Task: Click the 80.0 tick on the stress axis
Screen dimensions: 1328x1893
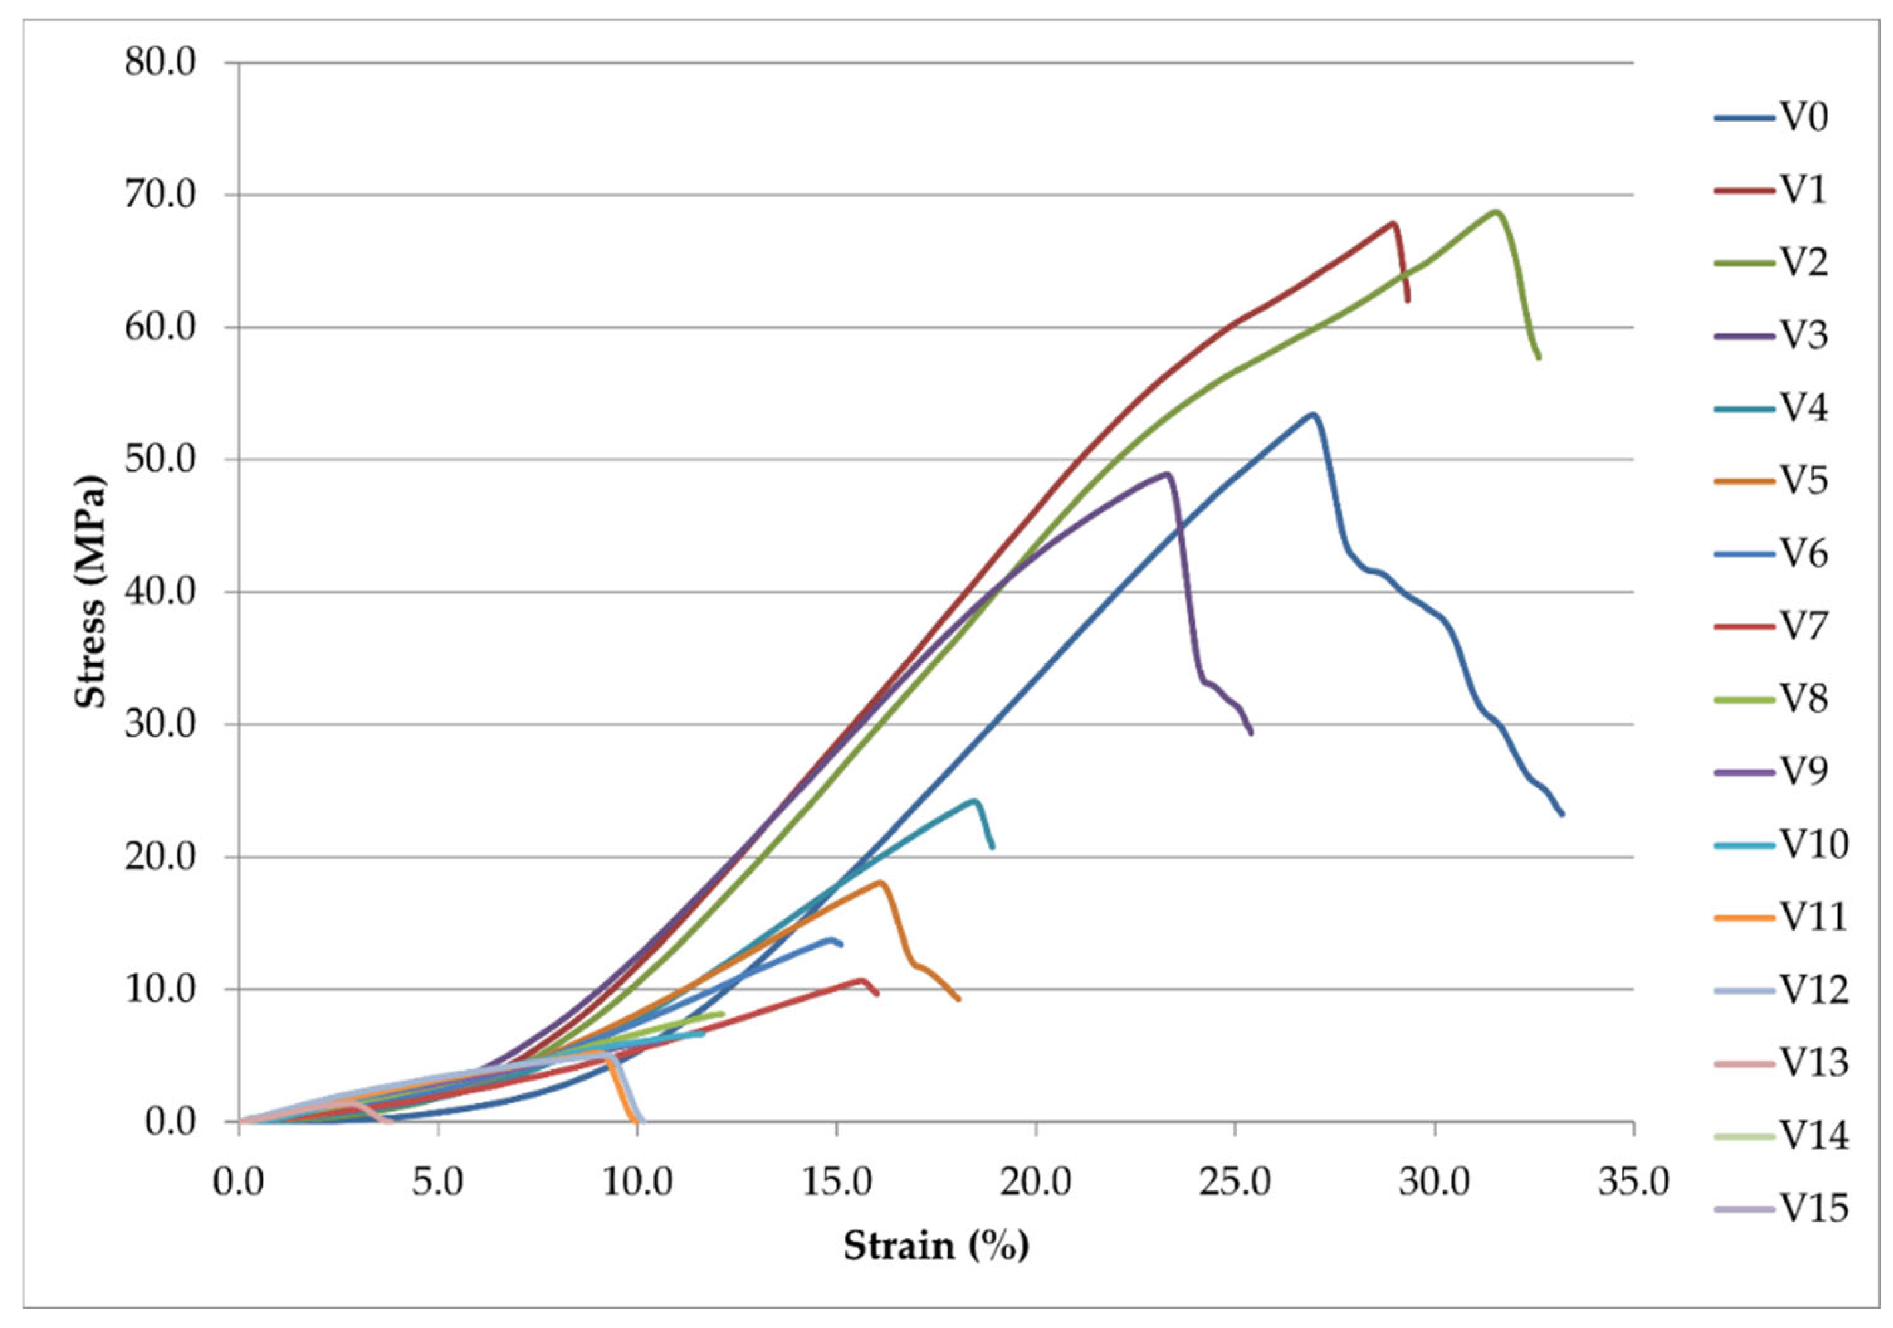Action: tap(161, 63)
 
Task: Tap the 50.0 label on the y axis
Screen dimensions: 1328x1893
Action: tap(161, 459)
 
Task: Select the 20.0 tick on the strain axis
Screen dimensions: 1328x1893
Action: tap(1036, 1182)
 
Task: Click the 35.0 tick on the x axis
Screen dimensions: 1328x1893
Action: tap(1633, 1182)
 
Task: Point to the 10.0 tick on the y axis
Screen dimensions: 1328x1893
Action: tap(161, 989)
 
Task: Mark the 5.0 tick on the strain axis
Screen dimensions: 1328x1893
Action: tap(438, 1182)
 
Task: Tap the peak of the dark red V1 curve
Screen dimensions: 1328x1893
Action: tap(1393, 223)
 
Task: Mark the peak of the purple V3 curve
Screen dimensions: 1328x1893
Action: tap(1167, 473)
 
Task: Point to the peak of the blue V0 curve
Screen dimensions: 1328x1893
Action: tap(1312, 414)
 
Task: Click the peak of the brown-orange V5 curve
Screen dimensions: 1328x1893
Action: tap(881, 882)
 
